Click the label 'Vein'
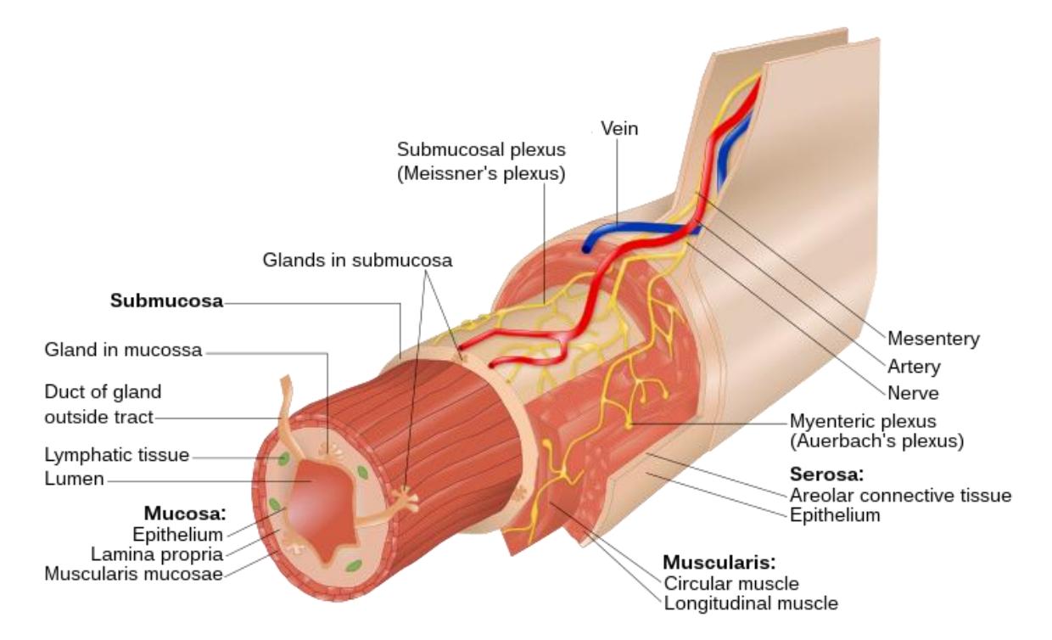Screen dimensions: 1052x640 pos(619,128)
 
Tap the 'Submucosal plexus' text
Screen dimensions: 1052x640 pos(481,149)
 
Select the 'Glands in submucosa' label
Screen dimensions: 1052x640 pos(357,260)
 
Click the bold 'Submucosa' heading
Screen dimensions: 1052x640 pos(167,300)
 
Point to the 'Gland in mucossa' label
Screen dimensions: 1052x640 pos(123,350)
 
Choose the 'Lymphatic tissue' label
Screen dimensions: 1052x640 pos(117,455)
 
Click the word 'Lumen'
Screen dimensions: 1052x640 pos(74,479)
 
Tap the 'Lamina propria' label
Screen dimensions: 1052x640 pos(157,554)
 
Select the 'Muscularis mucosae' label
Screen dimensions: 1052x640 pos(133,574)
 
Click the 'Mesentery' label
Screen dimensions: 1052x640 pos(933,339)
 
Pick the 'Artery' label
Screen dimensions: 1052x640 pos(914,367)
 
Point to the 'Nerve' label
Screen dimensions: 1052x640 pos(913,393)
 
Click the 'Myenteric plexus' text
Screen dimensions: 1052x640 pos(863,421)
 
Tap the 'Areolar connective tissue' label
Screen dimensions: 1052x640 pos(901,495)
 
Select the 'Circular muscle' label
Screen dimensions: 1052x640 pos(731,584)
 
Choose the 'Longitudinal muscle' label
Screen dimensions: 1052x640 pos(751,604)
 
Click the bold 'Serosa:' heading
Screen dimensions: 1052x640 pos(827,474)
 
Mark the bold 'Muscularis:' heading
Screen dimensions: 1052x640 pos(719,563)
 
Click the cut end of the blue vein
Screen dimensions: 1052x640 pos(586,248)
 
